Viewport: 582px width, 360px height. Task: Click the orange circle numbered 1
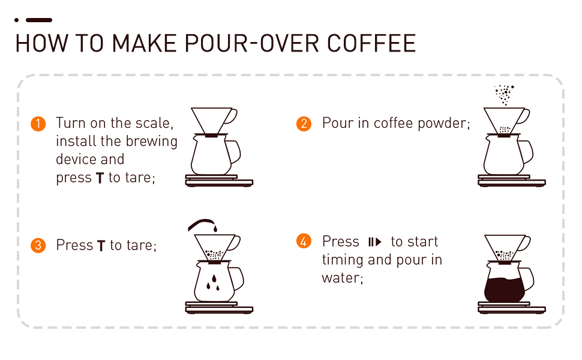pos(38,124)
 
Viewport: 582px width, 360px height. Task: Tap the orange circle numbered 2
pos(304,124)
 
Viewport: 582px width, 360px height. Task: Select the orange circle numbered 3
pos(38,245)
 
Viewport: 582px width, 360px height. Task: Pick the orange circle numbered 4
pos(304,242)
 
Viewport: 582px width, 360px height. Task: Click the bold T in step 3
pos(101,246)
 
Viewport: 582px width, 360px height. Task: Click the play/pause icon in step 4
pos(374,242)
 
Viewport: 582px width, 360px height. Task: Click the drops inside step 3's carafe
pos(212,283)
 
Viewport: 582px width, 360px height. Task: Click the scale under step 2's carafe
pos(511,180)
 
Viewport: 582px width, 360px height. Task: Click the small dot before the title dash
pos(17,20)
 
